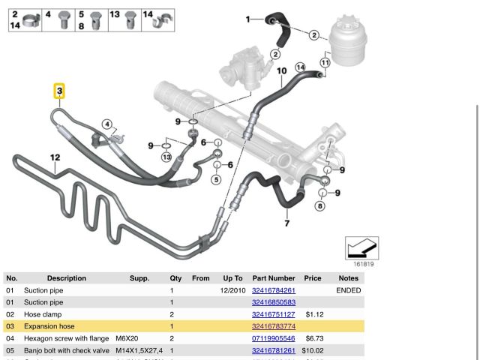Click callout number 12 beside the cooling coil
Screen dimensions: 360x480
[54, 157]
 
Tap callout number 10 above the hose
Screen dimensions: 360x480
[282, 72]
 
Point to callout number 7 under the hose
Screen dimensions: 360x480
[286, 223]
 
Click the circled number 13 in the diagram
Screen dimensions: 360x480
[166, 157]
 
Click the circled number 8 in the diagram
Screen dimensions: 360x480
[320, 205]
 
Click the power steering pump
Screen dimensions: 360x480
[238, 61]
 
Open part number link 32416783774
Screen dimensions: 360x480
[273, 326]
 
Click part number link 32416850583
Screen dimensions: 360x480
[273, 302]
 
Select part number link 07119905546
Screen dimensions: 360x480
[273, 338]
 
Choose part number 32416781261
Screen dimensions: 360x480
[273, 350]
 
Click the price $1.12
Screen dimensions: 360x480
[314, 314]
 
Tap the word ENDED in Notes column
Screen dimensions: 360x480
[348, 290]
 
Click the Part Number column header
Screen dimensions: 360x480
[273, 278]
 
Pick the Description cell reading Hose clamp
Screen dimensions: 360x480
[43, 314]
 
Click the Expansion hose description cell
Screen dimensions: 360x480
[49, 326]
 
